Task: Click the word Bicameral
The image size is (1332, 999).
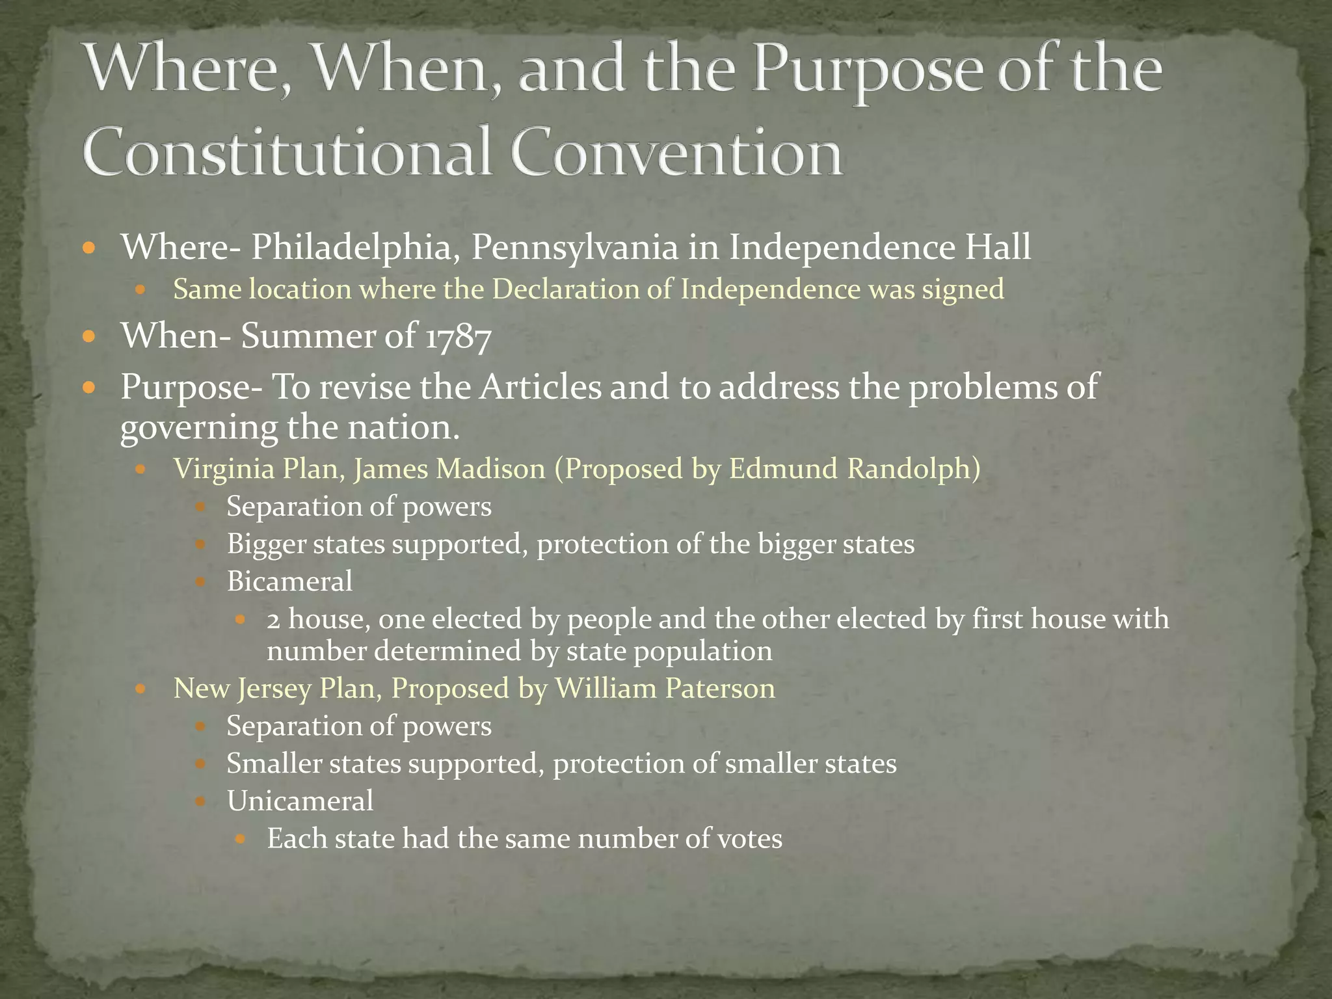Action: (x=289, y=581)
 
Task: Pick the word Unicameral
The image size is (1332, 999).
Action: (x=300, y=801)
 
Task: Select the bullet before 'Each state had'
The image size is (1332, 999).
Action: (x=240, y=839)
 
